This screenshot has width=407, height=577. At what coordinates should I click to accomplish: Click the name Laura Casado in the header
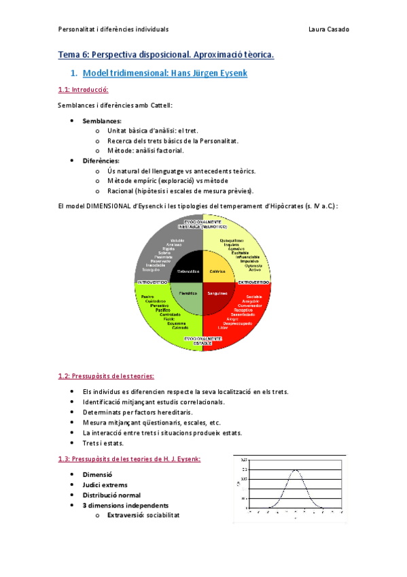click(329, 29)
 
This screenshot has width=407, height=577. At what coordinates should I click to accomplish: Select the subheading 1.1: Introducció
click(84, 90)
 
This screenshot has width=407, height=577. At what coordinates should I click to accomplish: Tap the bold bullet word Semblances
click(101, 120)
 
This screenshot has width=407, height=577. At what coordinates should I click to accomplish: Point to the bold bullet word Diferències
click(101, 161)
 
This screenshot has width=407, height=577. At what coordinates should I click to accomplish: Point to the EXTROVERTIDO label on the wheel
click(253, 282)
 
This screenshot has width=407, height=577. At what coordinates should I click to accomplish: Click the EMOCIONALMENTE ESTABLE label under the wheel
click(203, 340)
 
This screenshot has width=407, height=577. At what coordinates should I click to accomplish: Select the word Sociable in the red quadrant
click(254, 297)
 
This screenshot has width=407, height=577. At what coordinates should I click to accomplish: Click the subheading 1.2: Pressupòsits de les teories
click(106, 376)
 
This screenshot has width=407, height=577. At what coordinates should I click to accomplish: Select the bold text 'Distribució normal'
click(111, 495)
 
